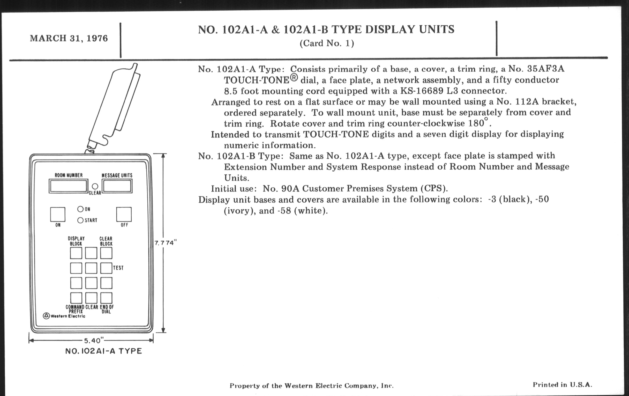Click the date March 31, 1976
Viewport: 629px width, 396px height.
coord(69,38)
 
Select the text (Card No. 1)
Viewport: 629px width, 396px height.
coord(327,43)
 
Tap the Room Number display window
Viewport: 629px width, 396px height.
coord(69,186)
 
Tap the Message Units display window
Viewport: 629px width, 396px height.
coord(117,186)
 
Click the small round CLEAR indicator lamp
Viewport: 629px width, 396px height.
coord(95,186)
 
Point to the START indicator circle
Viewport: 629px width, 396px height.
coord(80,220)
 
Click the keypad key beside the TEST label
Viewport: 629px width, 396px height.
coord(106,268)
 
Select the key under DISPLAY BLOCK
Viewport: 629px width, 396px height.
coord(76,253)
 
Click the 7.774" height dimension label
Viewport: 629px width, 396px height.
coord(166,243)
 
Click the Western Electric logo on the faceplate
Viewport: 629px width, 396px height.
coord(64,316)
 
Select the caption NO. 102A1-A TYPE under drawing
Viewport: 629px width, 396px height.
coord(103,351)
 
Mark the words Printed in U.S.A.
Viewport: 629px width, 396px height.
coord(562,385)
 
